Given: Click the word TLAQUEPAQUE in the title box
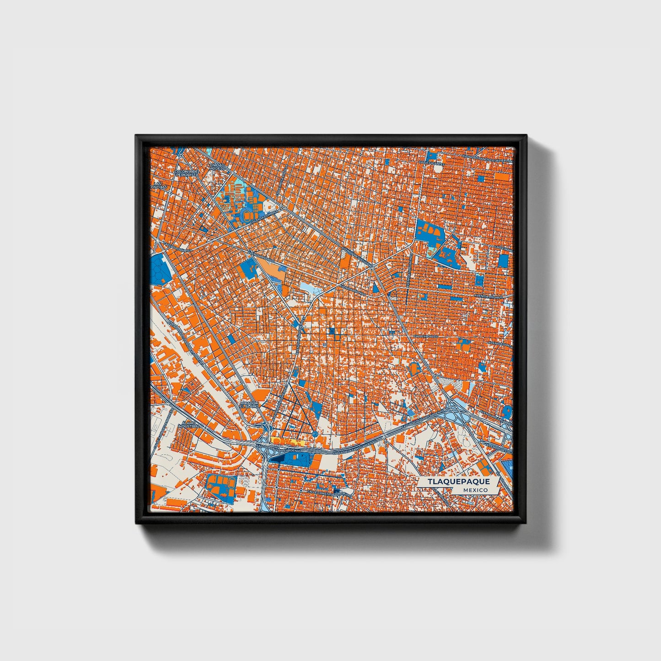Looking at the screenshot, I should [459, 482].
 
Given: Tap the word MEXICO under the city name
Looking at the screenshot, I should [475, 490].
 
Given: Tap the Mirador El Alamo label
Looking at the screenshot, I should [250, 405].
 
